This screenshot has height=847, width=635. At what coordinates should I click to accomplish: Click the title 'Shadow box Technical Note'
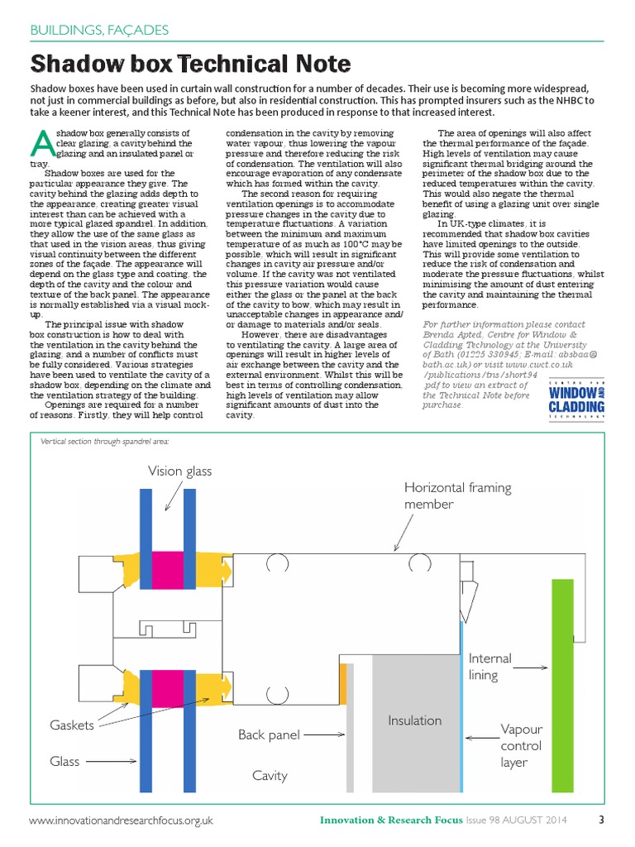point(190,64)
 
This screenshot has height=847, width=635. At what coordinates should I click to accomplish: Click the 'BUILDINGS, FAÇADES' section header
point(99,31)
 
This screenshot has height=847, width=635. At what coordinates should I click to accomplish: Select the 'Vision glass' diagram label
point(179,471)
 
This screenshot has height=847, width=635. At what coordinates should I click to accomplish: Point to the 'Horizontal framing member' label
point(457,496)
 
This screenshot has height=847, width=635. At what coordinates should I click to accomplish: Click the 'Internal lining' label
point(489,667)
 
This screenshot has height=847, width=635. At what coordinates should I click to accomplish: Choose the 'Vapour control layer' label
point(521,745)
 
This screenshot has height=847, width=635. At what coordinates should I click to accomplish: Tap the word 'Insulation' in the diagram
point(414,720)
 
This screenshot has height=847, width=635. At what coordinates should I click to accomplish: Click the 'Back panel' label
point(269,735)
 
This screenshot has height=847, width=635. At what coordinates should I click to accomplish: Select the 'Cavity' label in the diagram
point(270,775)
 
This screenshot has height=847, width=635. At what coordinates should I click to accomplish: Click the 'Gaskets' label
point(72,725)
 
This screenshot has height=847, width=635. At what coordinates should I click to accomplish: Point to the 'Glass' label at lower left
point(64,762)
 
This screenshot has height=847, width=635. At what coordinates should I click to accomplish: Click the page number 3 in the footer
point(601,821)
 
